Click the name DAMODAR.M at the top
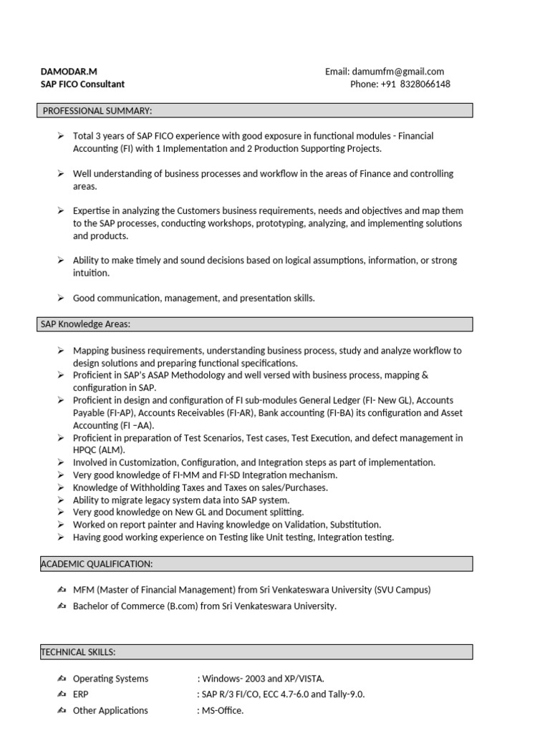[69, 72]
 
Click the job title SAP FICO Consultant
[82, 84]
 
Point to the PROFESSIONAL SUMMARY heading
[97, 110]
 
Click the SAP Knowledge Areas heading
[85, 325]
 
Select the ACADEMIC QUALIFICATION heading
[97, 564]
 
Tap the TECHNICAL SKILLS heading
[78, 652]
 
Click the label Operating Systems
[110, 679]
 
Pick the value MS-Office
[223, 711]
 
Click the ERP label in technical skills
[81, 694]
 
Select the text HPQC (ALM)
[99, 450]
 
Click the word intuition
[91, 273]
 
